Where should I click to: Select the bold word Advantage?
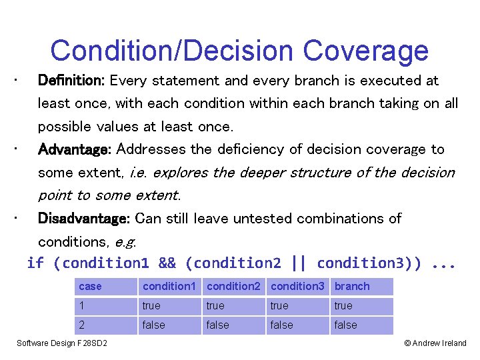(76, 149)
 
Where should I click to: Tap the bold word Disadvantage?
(85, 219)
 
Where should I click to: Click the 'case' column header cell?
(105, 287)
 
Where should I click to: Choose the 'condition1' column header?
(169, 287)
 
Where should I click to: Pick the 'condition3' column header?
(298, 287)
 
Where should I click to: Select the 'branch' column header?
(361, 287)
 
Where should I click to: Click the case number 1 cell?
(105, 306)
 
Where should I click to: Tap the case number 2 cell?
(105, 325)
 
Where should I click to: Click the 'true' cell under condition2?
(233, 306)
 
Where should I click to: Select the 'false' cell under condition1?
(169, 325)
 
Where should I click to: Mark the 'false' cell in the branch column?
(361, 325)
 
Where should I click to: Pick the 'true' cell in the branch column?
(361, 306)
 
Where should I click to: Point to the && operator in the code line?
(167, 263)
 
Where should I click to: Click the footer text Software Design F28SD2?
(62, 343)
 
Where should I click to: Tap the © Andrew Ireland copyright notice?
(435, 343)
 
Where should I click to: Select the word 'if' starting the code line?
(35, 263)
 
